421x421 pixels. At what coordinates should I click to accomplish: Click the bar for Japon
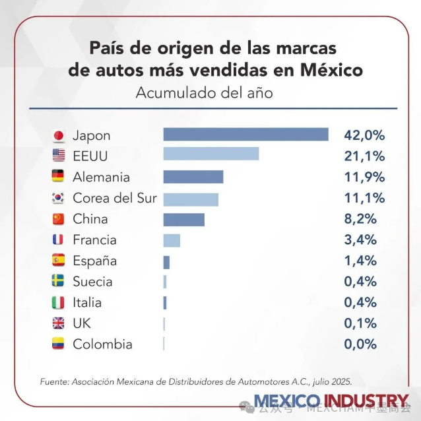pos(245,135)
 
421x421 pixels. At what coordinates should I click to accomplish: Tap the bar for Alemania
pos(193,177)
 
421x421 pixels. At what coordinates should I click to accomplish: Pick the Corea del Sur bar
pos(190,198)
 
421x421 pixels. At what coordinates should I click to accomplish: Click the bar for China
pos(183,219)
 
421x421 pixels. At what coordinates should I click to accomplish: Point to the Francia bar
pos(172,240)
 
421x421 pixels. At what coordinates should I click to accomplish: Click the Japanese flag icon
pos(59,136)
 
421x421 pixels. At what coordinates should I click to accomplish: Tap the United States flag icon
pos(59,156)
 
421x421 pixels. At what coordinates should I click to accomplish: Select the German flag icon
pos(59,177)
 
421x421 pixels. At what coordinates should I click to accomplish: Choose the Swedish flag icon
pos(59,282)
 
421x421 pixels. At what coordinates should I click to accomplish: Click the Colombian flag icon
pos(59,344)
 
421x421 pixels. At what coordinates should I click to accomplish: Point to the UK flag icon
pos(59,323)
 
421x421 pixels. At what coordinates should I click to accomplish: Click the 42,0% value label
pos(364,135)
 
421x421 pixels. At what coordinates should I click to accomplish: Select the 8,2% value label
pos(360,219)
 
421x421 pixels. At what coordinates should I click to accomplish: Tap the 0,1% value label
pos(360,323)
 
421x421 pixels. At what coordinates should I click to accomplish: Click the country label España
pos(94,261)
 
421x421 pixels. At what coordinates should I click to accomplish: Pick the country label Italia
pos(87,303)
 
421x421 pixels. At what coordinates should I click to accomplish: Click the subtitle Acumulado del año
pos(204,93)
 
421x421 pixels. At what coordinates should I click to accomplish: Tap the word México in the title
pos(331,69)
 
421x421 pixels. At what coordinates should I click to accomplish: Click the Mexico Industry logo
pos(331,400)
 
